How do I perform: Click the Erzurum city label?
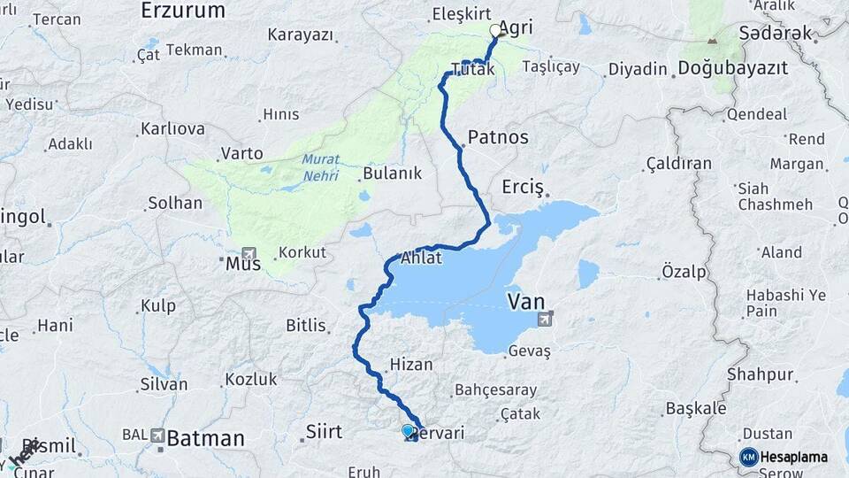pos(183,12)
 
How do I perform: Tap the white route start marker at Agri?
pos(495,31)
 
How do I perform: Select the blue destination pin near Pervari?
pos(408,431)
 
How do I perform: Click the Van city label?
pos(526,303)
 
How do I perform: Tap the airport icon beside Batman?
pos(157,436)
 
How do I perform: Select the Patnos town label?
pos(498,137)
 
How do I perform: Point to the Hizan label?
pos(411,363)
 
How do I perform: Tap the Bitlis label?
pos(306,326)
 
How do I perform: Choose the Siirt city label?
pos(323,432)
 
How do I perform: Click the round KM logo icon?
pos(748,457)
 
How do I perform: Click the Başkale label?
pos(695,408)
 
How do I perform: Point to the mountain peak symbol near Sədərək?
pos(713,42)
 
